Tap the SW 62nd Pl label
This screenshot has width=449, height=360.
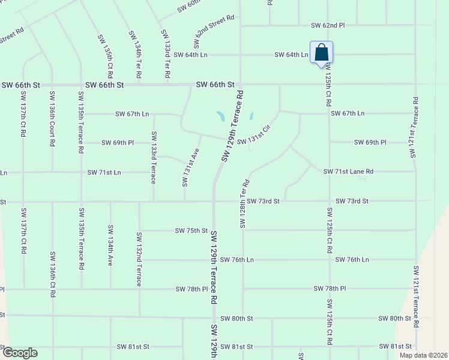[x=328, y=26]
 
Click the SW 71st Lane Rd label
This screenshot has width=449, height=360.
[x=348, y=172]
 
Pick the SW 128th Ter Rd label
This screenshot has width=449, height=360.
[x=244, y=203]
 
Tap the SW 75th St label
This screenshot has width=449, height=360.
[x=191, y=230]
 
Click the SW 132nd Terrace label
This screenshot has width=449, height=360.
[x=139, y=259]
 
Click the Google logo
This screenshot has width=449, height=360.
[x=19, y=353]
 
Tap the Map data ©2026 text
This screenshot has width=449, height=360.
[x=423, y=355]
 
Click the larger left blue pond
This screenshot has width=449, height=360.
[x=221, y=116]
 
